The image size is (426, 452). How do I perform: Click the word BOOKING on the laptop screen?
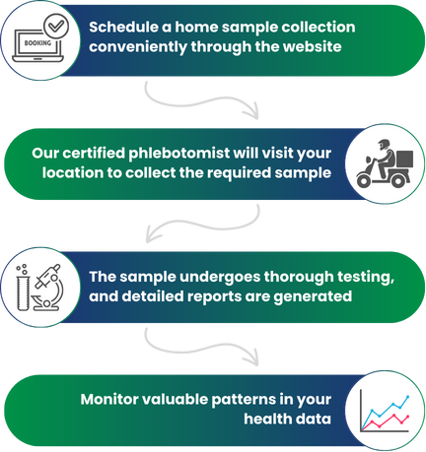point(37,43)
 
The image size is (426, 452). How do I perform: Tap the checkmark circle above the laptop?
point(56,25)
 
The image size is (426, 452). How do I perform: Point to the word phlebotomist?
point(179,154)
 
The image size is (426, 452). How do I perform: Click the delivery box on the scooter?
point(404,160)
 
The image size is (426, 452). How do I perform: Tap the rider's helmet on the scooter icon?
point(384,144)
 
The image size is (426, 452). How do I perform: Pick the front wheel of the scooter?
point(364,180)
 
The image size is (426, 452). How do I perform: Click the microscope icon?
point(47,288)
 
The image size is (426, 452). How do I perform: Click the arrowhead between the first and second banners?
point(252,111)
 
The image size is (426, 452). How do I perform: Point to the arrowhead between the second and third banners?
point(152,233)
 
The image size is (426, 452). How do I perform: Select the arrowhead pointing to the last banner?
point(252,358)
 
